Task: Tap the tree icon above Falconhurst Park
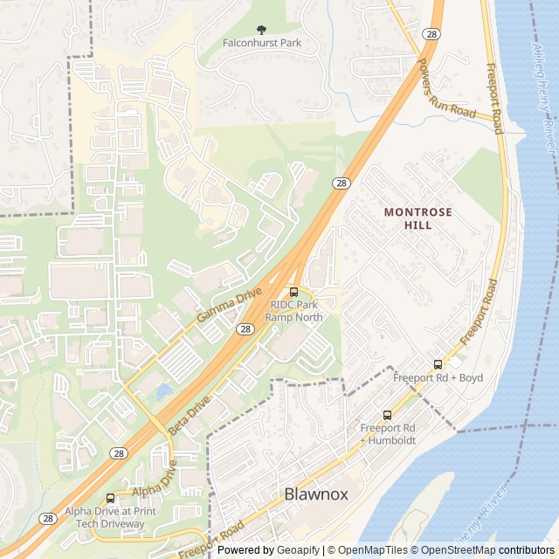pos(260,29)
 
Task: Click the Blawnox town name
pos(316,494)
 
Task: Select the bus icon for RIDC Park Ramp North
pos(293,291)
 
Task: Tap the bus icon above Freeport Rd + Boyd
pos(438,364)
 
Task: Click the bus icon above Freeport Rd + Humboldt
pos(387,415)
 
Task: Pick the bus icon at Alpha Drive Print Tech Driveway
pos(109,499)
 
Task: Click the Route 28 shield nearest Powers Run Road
pos(431,32)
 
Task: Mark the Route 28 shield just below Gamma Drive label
pos(245,328)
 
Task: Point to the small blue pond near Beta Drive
pos(164,391)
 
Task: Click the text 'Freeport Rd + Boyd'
pos(438,377)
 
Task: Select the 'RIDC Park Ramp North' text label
pos(296,311)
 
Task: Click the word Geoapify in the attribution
pos(299,550)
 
